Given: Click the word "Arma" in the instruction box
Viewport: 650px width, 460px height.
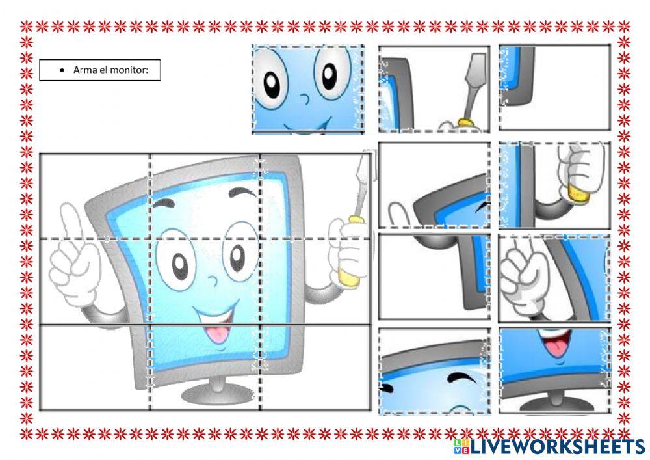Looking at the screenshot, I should pyautogui.click(x=84, y=70).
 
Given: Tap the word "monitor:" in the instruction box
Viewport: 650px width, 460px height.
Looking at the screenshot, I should pyautogui.click(x=138, y=70).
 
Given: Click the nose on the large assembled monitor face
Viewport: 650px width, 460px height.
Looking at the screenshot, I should pyautogui.click(x=212, y=281).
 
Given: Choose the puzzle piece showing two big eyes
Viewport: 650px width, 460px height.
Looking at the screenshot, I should pyautogui.click(x=307, y=89).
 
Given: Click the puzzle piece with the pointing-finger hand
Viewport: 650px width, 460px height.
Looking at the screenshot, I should pyautogui.click(x=554, y=278).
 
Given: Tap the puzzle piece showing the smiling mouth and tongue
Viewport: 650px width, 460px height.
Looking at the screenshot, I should pyautogui.click(x=554, y=370).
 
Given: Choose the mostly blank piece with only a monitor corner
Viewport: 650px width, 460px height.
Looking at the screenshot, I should pyautogui.click(x=554, y=88).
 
